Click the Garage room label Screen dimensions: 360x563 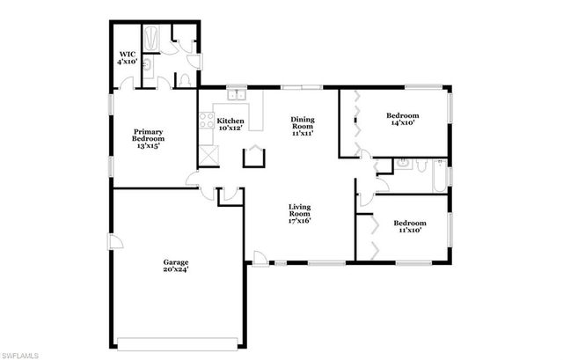(x=176, y=265)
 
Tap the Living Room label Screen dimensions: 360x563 (x=301, y=214)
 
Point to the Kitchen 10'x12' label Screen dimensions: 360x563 (x=230, y=124)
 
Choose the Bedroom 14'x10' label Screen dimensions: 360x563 (x=402, y=120)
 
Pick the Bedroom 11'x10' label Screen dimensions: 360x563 (x=410, y=226)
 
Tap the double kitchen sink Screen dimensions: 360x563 (x=235, y=93)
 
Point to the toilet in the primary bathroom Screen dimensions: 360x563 (x=186, y=79)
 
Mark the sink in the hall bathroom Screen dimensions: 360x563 (x=402, y=163)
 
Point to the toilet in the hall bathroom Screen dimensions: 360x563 (x=421, y=165)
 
